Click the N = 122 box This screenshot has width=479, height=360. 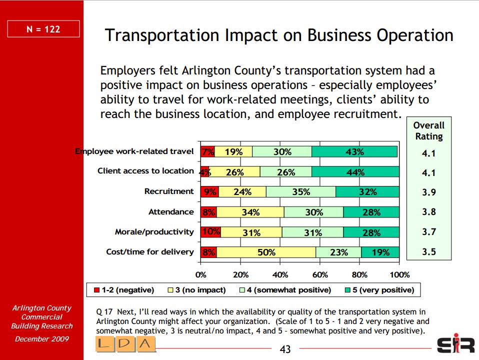click(43, 29)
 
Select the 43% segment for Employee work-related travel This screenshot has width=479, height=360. click(354, 151)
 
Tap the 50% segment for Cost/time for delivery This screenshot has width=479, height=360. click(266, 252)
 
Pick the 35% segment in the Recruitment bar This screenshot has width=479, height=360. click(301, 192)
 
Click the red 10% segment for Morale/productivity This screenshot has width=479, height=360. click(210, 232)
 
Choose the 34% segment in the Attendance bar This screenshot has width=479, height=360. click(250, 212)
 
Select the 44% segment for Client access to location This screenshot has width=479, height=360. click(355, 172)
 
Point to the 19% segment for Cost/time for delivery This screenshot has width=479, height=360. click(380, 252)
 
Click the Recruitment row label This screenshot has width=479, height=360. click(168, 191)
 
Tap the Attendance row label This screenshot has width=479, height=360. click(170, 212)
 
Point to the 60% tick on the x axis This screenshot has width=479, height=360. click(320, 274)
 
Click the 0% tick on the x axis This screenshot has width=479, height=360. click(200, 274)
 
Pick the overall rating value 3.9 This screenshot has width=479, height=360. click(428, 192)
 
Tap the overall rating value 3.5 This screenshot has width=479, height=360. click(428, 252)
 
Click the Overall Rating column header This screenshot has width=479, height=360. click(428, 130)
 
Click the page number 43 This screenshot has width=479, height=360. click(285, 349)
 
